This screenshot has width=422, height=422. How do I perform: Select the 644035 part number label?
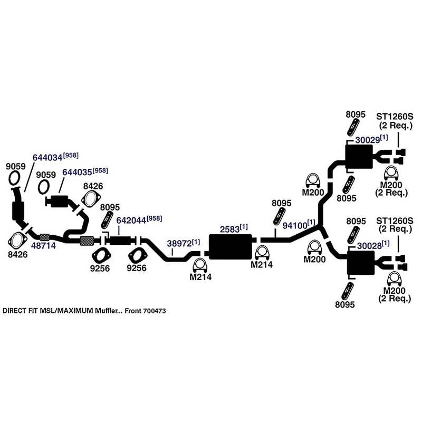pyautogui.click(x=77, y=173)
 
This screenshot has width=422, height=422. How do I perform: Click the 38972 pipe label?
pyautogui.click(x=179, y=243)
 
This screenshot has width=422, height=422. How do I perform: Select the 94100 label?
pyautogui.click(x=294, y=225)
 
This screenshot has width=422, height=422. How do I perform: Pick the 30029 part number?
pyautogui.click(x=367, y=139)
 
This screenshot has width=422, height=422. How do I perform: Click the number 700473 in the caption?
pyautogui.click(x=154, y=311)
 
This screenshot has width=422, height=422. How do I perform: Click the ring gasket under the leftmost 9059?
pyautogui.click(x=16, y=178)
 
